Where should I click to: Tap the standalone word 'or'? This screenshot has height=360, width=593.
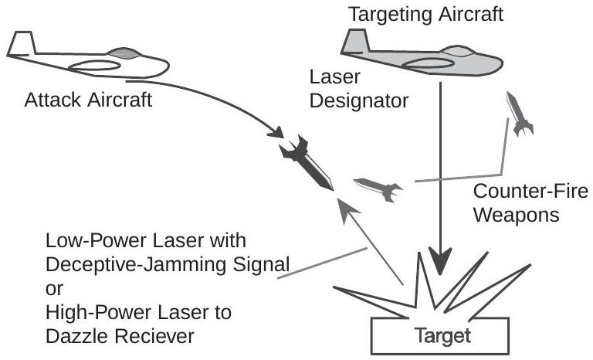[x=54, y=289]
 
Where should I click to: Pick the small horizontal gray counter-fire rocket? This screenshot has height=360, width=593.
[x=378, y=185]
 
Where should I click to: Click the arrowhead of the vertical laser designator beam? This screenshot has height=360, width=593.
[x=441, y=260]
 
